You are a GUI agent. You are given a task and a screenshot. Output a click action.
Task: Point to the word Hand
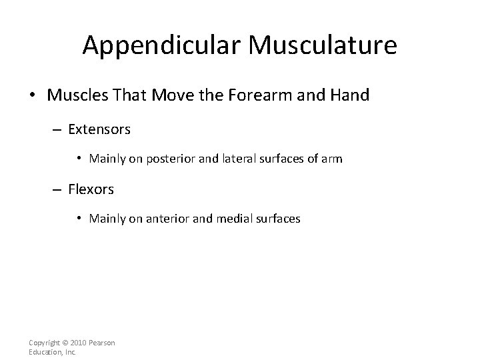click(349, 95)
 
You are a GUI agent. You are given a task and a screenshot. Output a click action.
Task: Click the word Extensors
click(99, 129)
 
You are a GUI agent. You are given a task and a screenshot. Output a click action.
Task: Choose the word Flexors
click(91, 189)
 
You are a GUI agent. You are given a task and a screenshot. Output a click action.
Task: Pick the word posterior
click(169, 158)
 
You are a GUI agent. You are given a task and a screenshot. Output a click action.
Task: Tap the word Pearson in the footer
click(103, 343)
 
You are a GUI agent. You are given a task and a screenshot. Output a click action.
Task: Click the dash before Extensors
click(57, 129)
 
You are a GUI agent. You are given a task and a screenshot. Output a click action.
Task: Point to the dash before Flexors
click(57, 189)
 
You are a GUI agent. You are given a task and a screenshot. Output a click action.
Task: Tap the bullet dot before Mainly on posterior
click(79, 158)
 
